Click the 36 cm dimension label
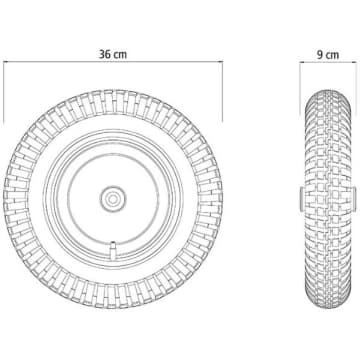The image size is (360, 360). [x=113, y=54]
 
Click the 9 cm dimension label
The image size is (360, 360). [x=328, y=54]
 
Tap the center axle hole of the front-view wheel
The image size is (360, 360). [x=113, y=199]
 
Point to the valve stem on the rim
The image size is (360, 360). [x=113, y=249]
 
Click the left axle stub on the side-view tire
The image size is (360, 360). [x=301, y=199]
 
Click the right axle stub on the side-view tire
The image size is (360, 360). [x=354, y=199]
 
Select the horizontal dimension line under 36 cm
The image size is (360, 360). [x=113, y=62]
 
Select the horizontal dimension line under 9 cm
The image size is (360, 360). [x=328, y=62]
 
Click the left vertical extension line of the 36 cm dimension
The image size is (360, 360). [x=4, y=92]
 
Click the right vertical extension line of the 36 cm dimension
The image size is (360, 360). [x=222, y=92]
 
